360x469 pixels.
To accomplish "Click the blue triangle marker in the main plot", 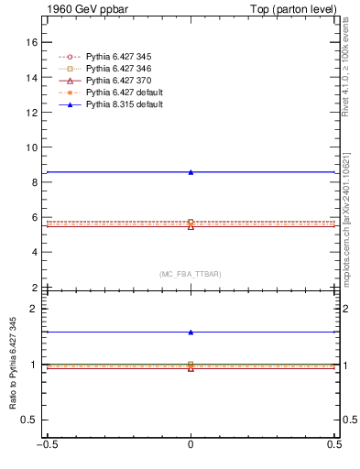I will click(191, 172).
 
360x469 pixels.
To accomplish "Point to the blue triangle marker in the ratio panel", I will click(191, 333).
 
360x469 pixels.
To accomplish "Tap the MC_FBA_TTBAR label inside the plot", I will click(191, 274).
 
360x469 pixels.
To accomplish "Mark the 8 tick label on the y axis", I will click(35, 182).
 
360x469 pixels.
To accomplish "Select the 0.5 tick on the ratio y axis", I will click(30, 420).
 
